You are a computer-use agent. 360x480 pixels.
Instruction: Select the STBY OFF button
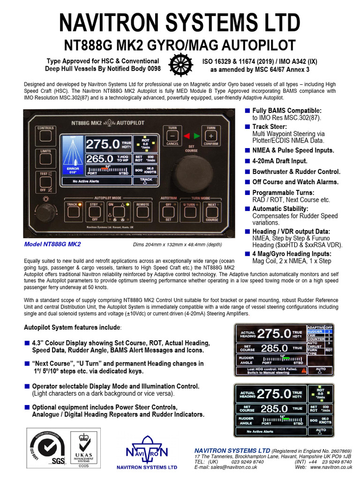coord(94,211)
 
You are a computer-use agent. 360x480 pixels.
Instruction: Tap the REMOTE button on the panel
coord(142,211)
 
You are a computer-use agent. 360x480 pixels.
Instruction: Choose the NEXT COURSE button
coord(212,211)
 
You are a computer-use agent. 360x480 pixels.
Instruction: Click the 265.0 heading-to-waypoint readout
coord(99,159)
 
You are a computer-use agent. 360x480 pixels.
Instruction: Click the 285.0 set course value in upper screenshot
coord(274,348)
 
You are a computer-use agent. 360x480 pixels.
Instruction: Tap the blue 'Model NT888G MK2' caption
coord(52,244)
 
